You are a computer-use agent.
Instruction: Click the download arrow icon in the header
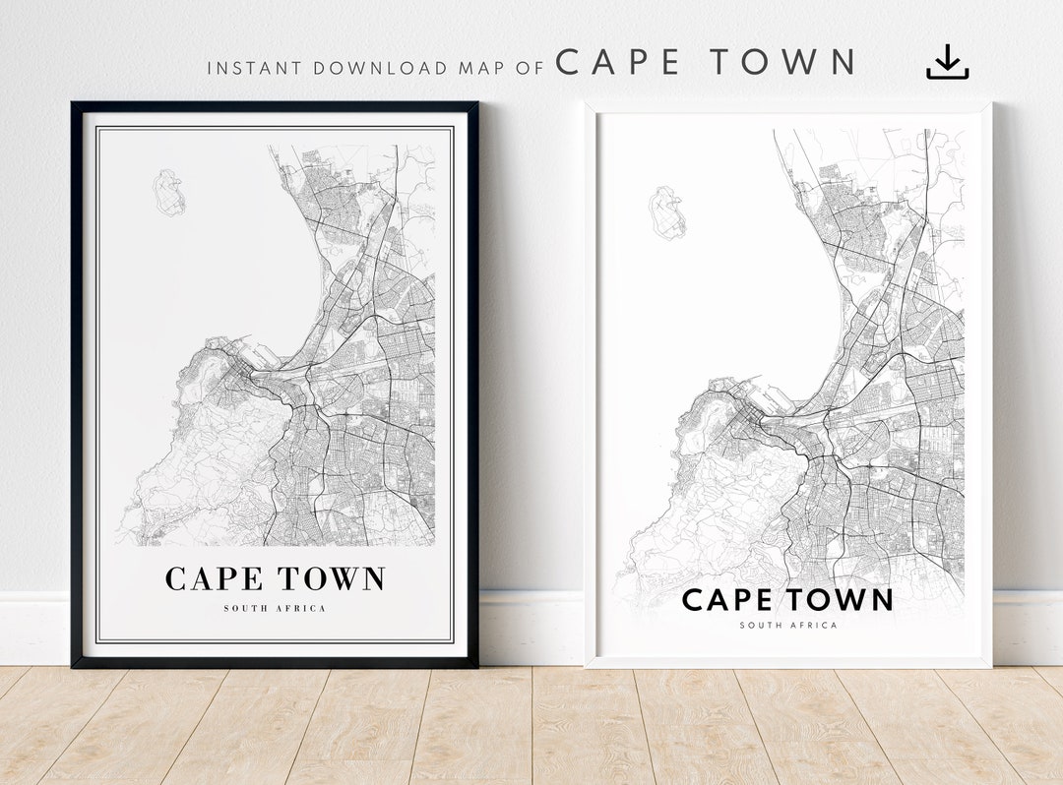coord(947,62)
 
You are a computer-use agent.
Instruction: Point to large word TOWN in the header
coord(783,63)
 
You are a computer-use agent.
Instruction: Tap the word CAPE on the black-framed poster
coord(216,579)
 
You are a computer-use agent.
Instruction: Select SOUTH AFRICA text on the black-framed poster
coord(275,609)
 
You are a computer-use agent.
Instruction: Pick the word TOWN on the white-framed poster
coord(840,599)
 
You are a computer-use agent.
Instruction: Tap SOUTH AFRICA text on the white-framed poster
coord(788,625)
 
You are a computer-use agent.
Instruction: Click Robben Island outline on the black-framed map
coord(169,193)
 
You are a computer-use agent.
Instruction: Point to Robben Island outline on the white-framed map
coord(668,213)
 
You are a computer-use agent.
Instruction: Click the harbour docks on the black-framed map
coord(258,356)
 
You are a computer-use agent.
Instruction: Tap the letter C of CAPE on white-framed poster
coord(693,599)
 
